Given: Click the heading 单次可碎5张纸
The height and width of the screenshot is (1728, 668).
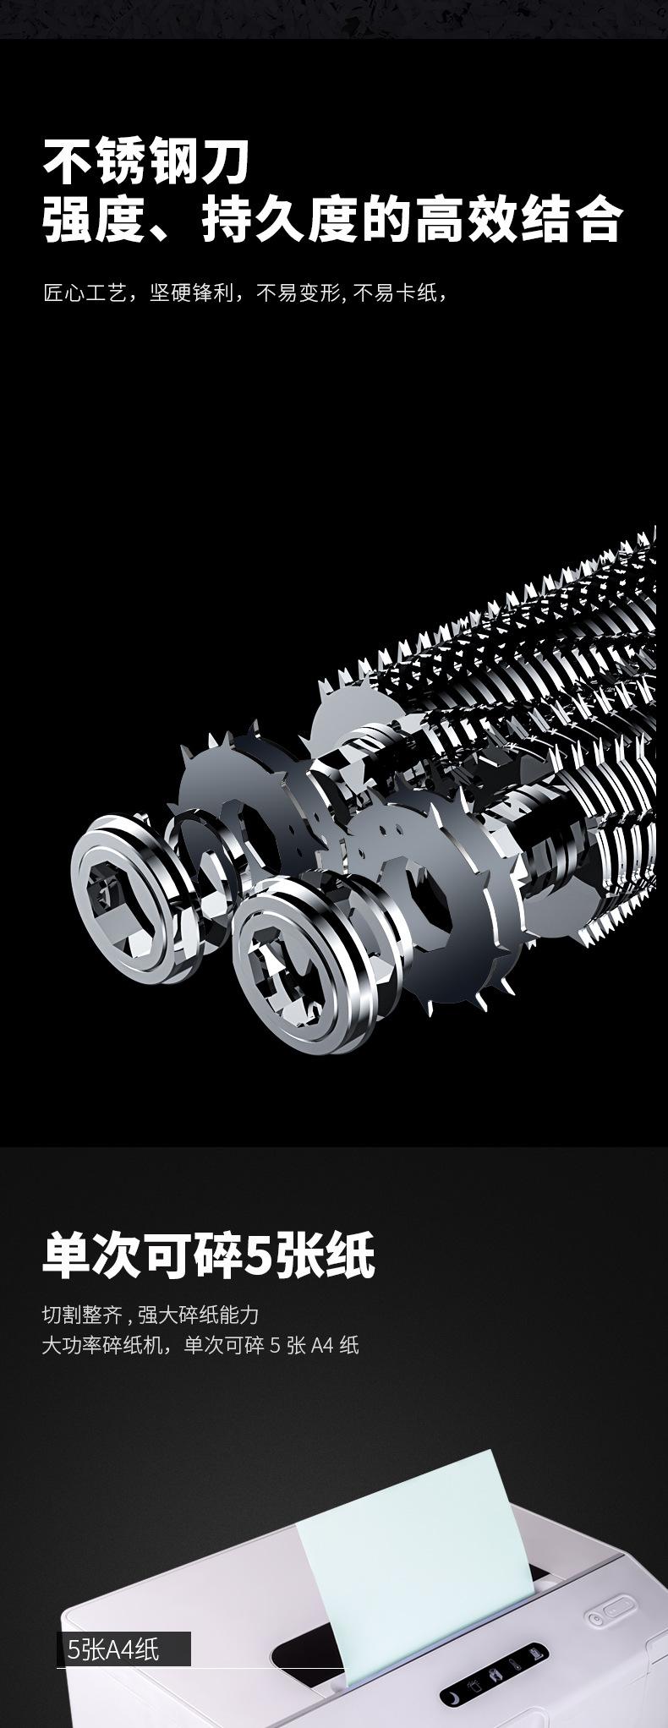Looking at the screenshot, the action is (208, 1255).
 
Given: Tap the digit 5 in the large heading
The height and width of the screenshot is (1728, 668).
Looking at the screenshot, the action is (256, 1255).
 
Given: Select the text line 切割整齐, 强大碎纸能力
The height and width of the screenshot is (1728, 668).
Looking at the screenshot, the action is (151, 1315).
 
